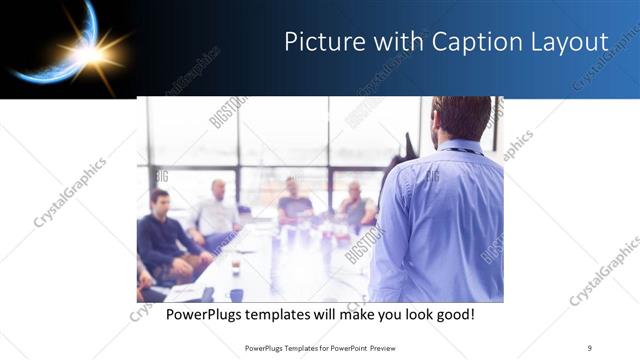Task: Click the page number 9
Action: pos(589,346)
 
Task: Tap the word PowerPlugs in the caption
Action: pos(207,315)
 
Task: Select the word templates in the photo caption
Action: pos(294,315)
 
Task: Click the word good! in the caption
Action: pos(452,315)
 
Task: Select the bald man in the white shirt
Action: pos(216,210)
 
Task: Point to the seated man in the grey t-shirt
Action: pos(294,200)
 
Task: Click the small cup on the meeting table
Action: pos(235,268)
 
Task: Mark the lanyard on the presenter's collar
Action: pos(460,151)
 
